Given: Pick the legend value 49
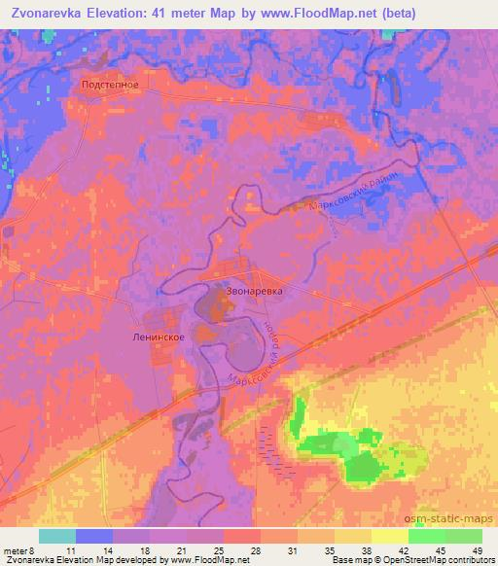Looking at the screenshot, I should (x=478, y=549).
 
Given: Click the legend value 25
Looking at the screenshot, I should (x=217, y=549).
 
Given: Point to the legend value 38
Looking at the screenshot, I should (x=365, y=549).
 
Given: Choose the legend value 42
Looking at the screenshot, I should (x=403, y=549).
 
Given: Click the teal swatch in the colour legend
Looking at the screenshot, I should (x=57, y=536).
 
